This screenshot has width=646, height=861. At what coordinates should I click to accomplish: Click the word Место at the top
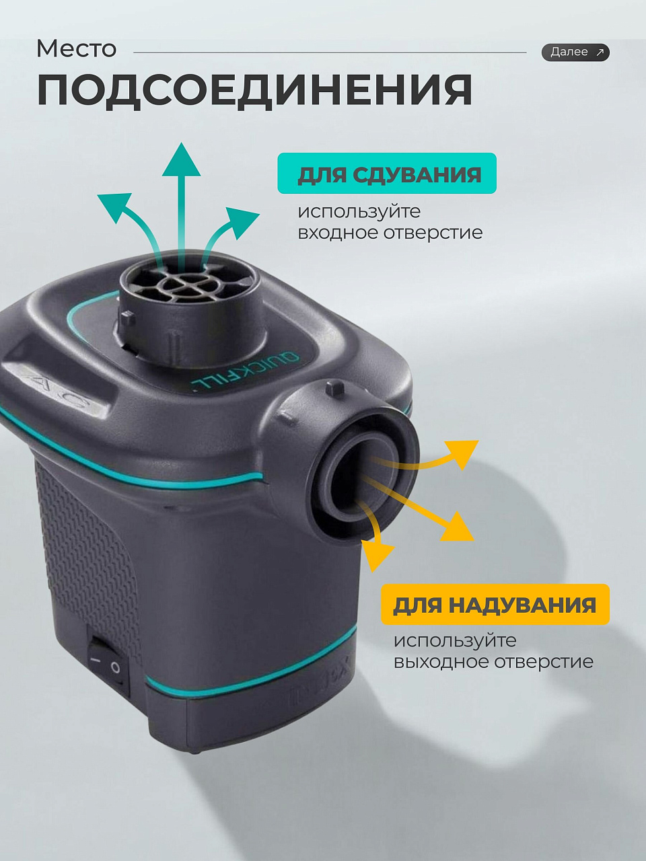[77, 49]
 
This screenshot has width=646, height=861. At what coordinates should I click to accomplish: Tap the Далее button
[575, 52]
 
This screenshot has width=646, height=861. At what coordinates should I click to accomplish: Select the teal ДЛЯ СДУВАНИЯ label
[387, 173]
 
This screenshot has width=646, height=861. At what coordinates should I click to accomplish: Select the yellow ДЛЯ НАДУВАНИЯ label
[495, 604]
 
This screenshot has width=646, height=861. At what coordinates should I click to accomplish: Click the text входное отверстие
[390, 233]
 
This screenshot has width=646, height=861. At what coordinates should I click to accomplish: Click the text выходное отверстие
[493, 661]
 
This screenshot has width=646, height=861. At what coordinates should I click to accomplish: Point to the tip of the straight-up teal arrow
[181, 143]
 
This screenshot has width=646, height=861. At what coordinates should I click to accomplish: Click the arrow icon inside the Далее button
[600, 52]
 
